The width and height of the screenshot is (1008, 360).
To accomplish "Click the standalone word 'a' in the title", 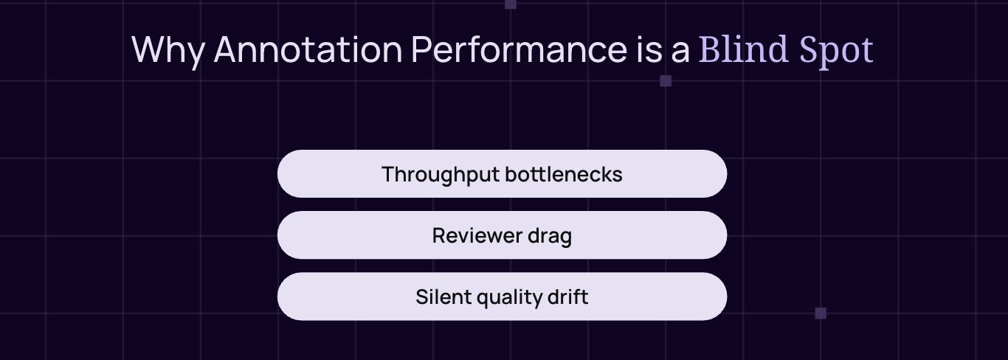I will pos(682,52).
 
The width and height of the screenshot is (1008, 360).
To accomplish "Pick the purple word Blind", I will pos(741,50).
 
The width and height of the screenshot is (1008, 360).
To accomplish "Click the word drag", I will pos(550,238).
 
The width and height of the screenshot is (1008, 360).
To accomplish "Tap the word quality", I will pos(511,298).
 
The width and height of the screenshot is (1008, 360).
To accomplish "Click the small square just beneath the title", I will pos(666,81).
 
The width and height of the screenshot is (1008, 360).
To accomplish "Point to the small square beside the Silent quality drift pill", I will pos(821,313).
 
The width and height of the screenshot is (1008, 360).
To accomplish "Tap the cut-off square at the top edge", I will pos(511,4).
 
